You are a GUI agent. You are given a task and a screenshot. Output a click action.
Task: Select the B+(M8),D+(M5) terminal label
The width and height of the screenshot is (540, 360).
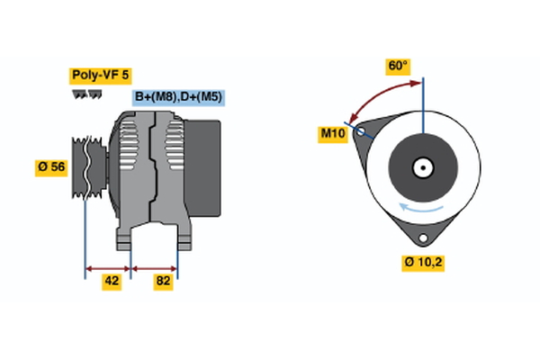point(178,97)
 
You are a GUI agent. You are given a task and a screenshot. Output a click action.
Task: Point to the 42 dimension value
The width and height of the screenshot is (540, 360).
point(112,281)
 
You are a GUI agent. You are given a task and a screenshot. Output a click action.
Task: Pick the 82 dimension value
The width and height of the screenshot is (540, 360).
point(163,281)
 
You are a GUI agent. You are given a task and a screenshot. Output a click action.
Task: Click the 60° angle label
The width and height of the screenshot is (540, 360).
point(398,66)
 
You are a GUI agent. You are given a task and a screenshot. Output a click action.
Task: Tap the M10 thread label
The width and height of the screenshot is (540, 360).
point(334,133)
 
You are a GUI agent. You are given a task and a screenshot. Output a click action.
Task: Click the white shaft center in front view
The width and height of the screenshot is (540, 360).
point(421,167)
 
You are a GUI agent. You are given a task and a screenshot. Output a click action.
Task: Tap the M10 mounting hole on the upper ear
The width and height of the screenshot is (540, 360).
point(362,131)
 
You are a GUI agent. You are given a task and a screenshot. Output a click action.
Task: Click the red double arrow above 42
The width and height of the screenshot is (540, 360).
point(108,267)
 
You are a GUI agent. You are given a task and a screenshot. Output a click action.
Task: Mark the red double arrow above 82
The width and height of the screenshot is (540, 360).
point(155,267)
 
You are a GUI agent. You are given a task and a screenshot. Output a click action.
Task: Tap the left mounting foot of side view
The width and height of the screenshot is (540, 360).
point(124,238)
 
